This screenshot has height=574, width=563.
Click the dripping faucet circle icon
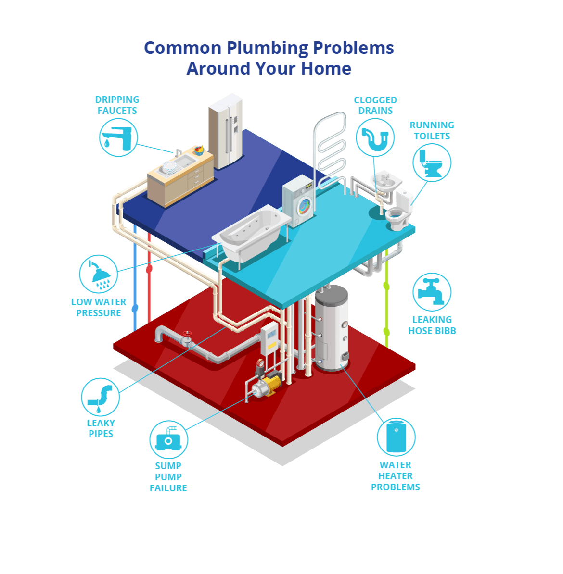pos(118,137)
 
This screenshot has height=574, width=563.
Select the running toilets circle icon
pos(432,162)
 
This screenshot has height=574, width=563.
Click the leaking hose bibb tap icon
pos(432,292)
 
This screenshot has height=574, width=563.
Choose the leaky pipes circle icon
pos(101,397)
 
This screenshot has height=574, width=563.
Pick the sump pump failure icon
pos(168,439)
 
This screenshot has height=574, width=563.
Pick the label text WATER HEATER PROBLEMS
pos(396,476)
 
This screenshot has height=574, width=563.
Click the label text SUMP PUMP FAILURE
pos(168,477)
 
